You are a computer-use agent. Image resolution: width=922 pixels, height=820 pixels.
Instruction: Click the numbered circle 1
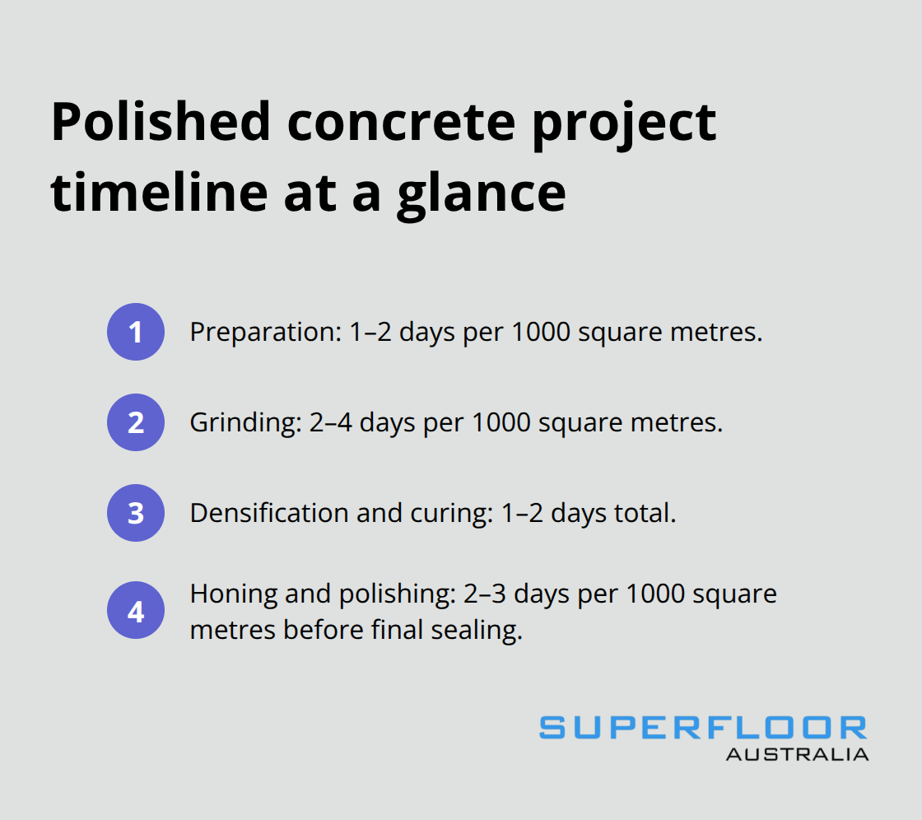coord(136,333)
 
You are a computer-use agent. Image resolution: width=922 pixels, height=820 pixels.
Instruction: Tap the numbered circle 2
coord(136,423)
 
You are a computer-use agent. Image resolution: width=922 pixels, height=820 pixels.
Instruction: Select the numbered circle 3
coord(136,513)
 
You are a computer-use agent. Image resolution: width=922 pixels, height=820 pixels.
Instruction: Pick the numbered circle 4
coord(136,613)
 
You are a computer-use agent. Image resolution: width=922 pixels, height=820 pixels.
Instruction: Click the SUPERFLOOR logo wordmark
coord(703,729)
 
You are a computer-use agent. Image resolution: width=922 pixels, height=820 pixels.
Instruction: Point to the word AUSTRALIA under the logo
coord(797,754)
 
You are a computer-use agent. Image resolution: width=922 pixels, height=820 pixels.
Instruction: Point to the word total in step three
coord(645,513)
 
